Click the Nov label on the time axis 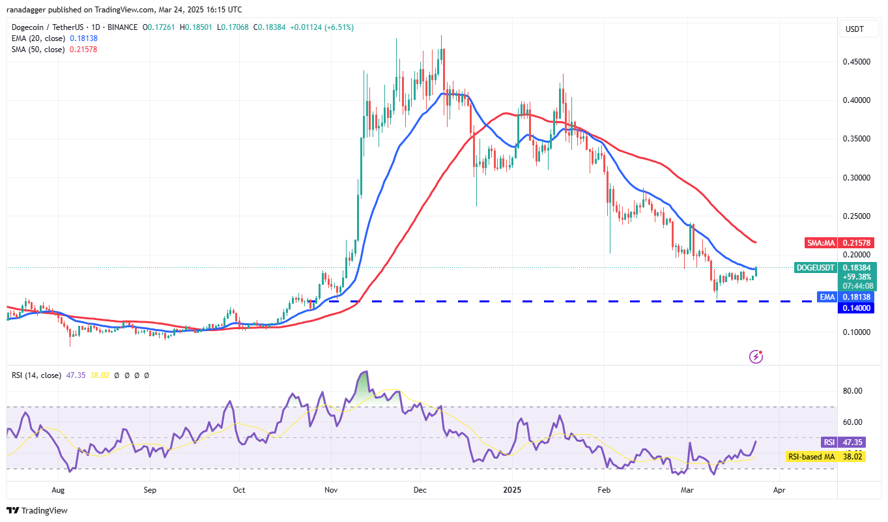pos(331,489)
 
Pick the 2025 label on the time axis pos(512,489)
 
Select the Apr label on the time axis pos(777,489)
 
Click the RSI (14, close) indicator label pos(36,375)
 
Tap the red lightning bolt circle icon pos(756,356)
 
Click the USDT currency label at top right pos(854,29)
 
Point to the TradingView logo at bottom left pos(37,510)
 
